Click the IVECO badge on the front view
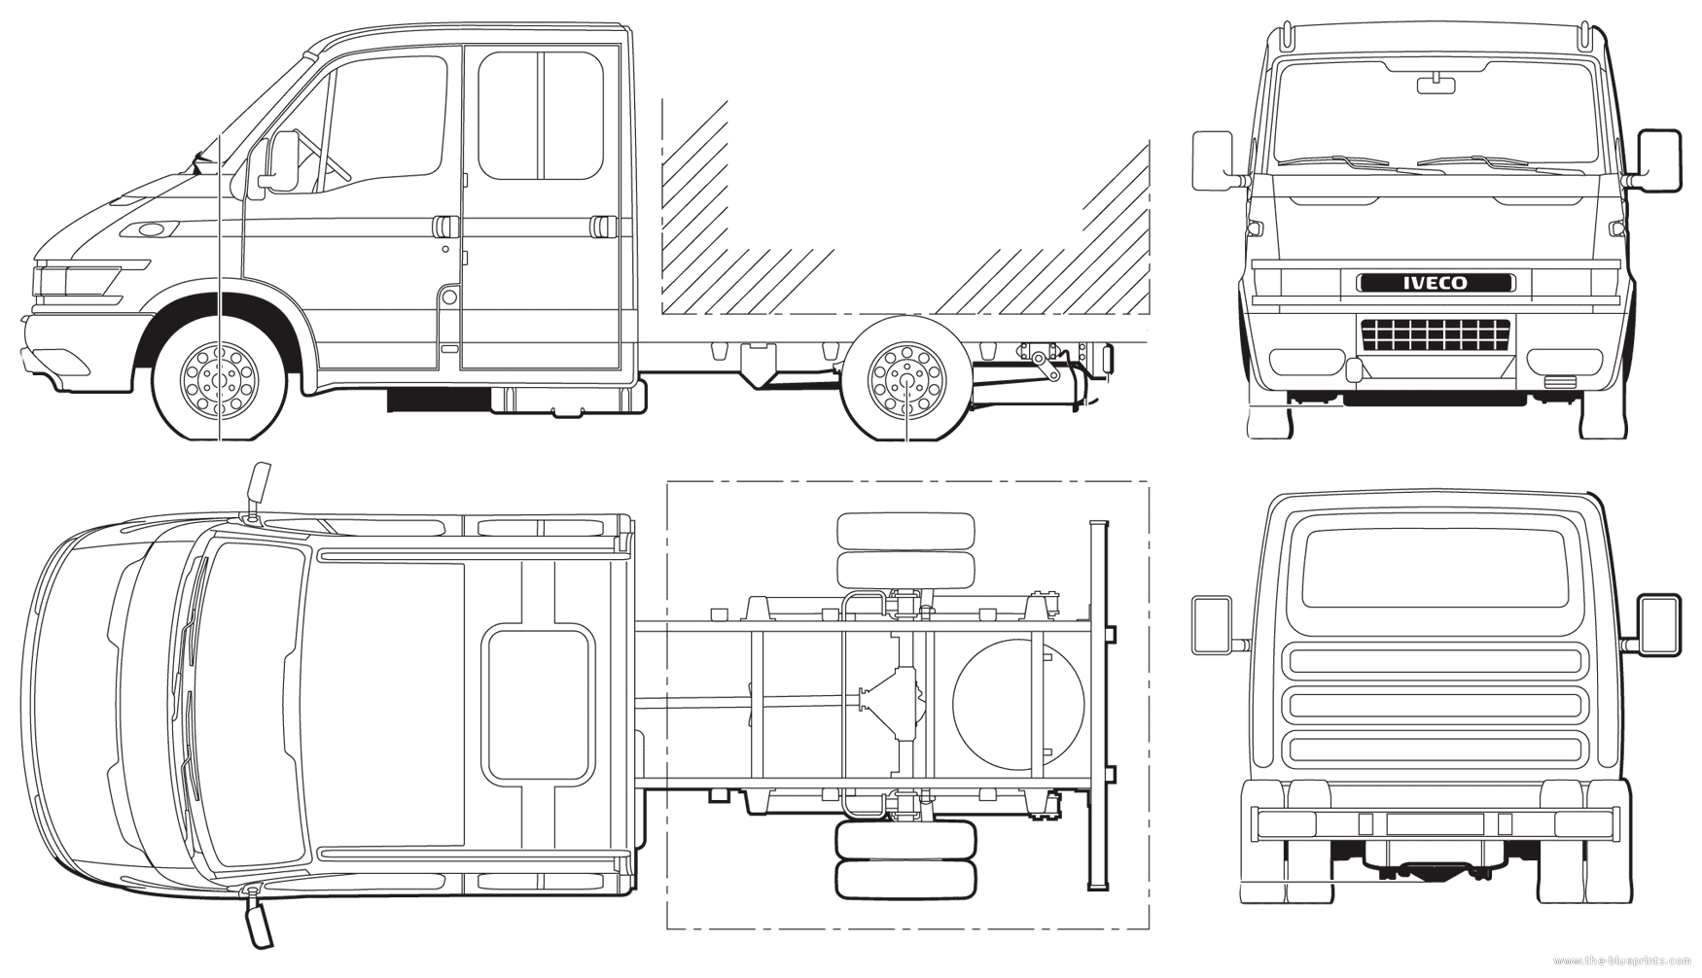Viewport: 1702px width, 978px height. pos(1436,283)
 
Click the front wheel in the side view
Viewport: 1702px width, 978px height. pos(221,378)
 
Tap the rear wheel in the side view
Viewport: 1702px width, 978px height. pos(906,378)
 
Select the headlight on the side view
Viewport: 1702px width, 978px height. pos(78,280)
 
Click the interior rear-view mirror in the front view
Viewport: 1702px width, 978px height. pos(1436,85)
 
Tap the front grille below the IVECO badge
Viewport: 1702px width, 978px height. pos(1436,334)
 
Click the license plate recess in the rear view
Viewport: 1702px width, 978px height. pos(1435,823)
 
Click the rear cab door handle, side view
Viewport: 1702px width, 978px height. pos(602,227)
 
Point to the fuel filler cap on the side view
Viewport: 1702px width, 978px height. pos(448,297)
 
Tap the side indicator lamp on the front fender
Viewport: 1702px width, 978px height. pos(152,230)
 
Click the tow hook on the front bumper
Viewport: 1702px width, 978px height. pos(1353,368)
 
